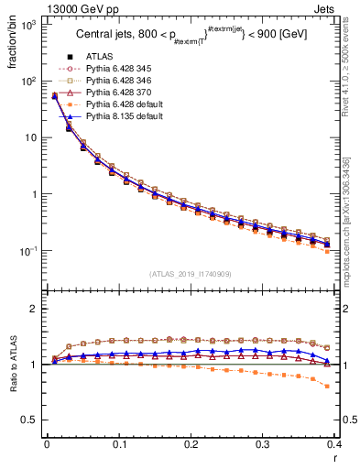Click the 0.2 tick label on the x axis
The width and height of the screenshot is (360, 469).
coord(191,446)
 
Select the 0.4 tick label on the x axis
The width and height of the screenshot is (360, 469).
coord(336,446)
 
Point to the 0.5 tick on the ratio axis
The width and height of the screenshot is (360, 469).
coord(30,420)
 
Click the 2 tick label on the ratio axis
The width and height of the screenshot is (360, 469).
coord(35,309)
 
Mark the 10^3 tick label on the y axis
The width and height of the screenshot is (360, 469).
coord(27,25)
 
